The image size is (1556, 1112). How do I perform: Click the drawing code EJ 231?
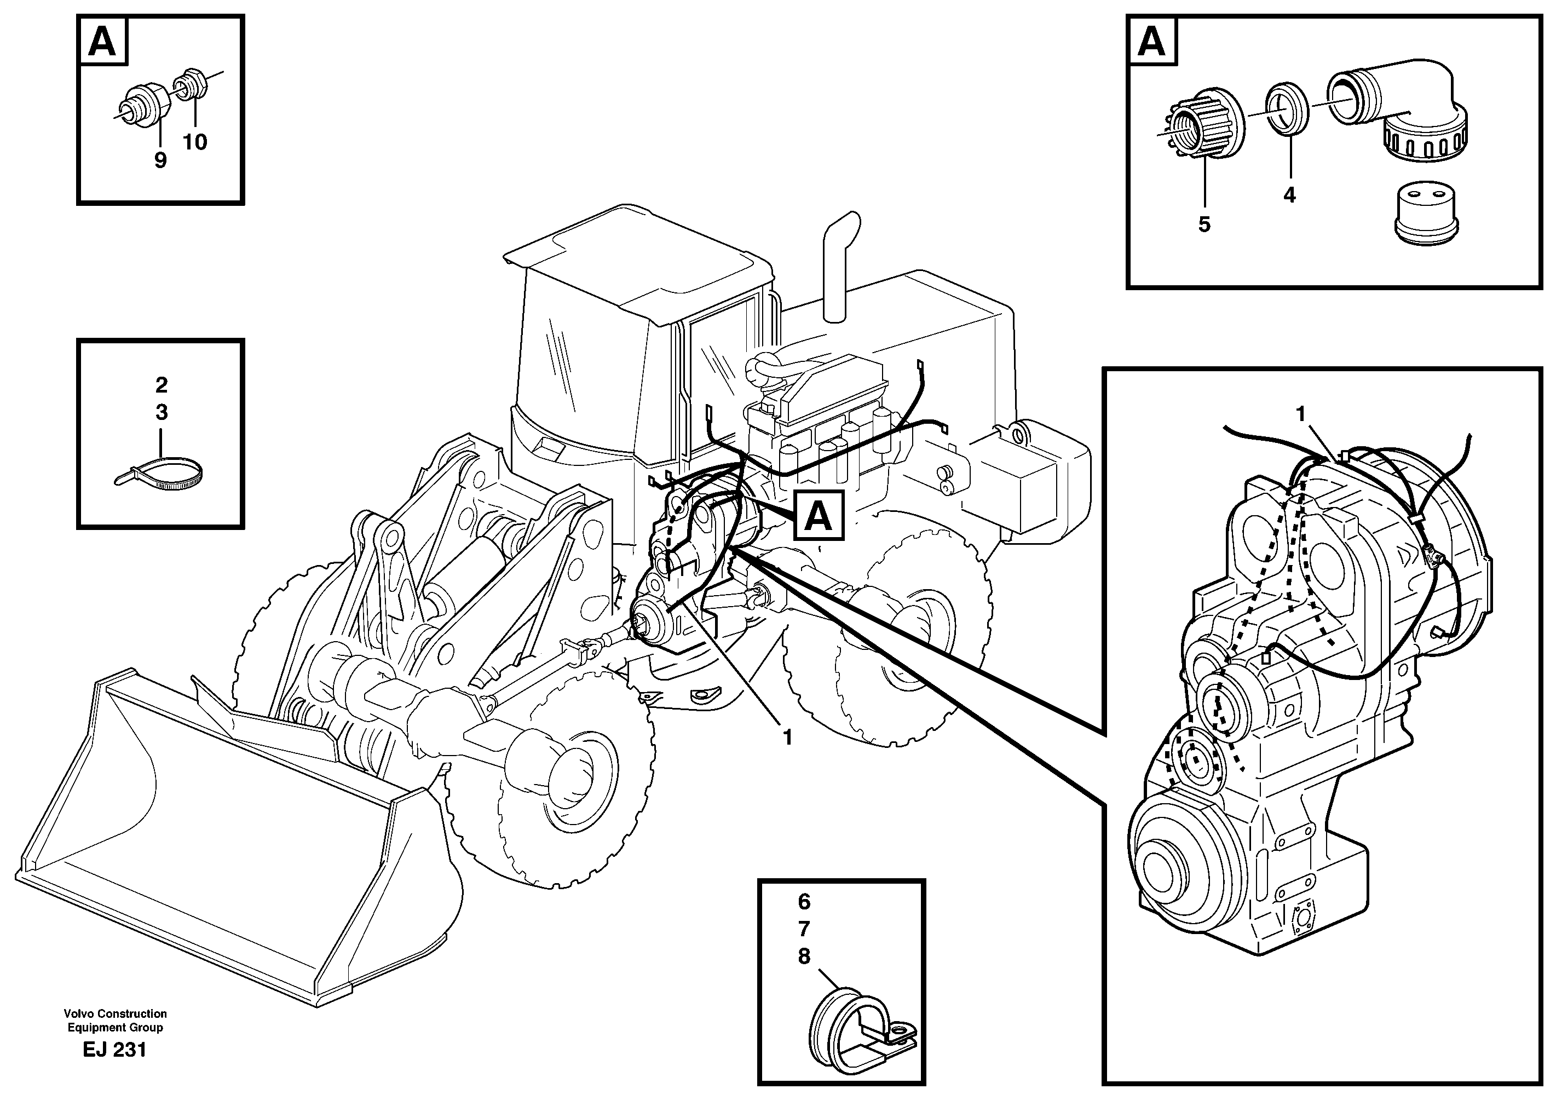[114, 1050]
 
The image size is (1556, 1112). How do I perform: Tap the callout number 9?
[160, 161]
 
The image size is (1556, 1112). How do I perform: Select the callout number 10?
[194, 142]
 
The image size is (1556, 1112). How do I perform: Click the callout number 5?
[1204, 224]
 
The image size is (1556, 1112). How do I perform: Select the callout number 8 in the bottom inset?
[804, 957]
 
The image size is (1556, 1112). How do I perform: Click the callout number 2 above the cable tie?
[161, 385]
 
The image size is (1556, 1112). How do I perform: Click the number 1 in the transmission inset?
[1301, 414]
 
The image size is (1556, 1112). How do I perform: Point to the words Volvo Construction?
[115, 1013]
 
